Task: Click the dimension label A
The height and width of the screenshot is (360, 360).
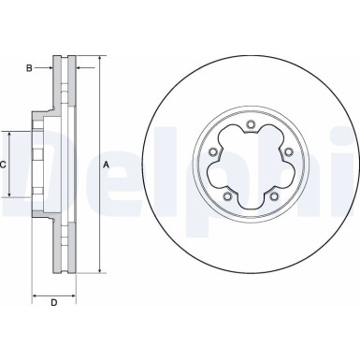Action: click(107, 165)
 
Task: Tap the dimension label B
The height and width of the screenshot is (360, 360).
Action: click(29, 67)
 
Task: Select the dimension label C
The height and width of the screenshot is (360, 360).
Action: click(5, 165)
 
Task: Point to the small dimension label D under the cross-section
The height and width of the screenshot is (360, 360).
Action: click(53, 301)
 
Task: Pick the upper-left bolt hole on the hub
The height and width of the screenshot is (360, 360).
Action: click(214, 152)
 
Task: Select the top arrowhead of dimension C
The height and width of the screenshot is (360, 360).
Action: click(11, 134)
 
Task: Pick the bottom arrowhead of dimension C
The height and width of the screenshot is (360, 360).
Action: click(11, 195)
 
